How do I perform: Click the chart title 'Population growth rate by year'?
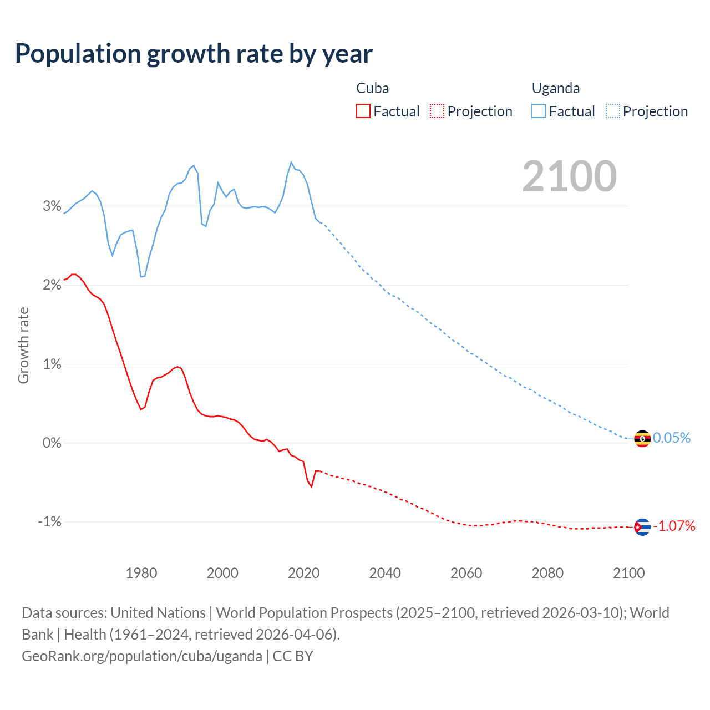click(194, 54)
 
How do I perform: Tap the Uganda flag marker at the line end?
click(642, 438)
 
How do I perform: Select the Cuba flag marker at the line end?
click(642, 526)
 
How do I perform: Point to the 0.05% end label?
click(672, 438)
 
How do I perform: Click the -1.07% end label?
click(674, 526)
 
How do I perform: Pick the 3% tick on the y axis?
click(52, 206)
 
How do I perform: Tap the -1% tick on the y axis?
click(49, 522)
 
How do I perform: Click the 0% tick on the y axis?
click(52, 443)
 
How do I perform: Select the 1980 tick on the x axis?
click(141, 573)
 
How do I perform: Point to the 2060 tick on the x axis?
click(466, 573)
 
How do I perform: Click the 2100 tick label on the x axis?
click(629, 573)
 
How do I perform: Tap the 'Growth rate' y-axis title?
click(23, 345)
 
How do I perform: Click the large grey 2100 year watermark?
click(569, 176)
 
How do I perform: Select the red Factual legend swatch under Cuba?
click(363, 111)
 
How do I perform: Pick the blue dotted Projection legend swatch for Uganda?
click(613, 111)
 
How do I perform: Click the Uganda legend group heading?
click(556, 88)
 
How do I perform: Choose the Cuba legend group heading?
click(373, 88)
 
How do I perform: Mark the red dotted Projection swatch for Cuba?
click(437, 111)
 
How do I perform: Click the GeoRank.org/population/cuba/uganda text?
click(142, 656)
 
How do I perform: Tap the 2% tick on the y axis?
click(52, 285)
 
